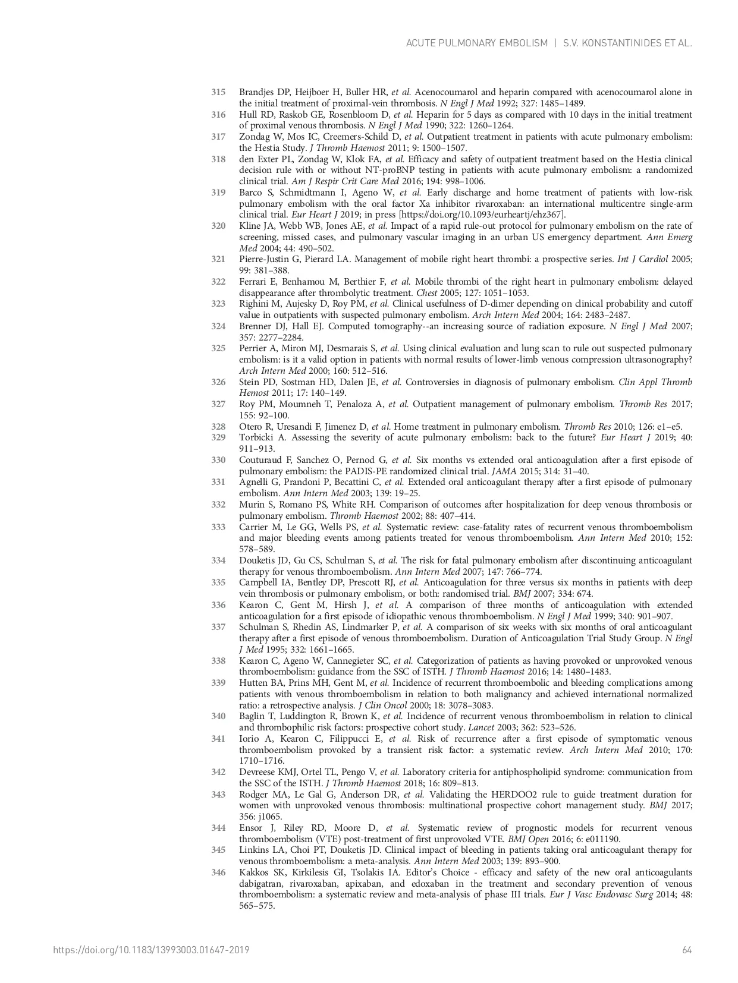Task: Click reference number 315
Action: click(x=218, y=92)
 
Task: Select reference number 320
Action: click(x=218, y=226)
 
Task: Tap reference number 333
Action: click(x=218, y=527)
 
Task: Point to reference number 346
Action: click(x=218, y=872)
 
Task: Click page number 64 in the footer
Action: click(x=687, y=950)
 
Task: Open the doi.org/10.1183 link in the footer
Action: click(x=151, y=950)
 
